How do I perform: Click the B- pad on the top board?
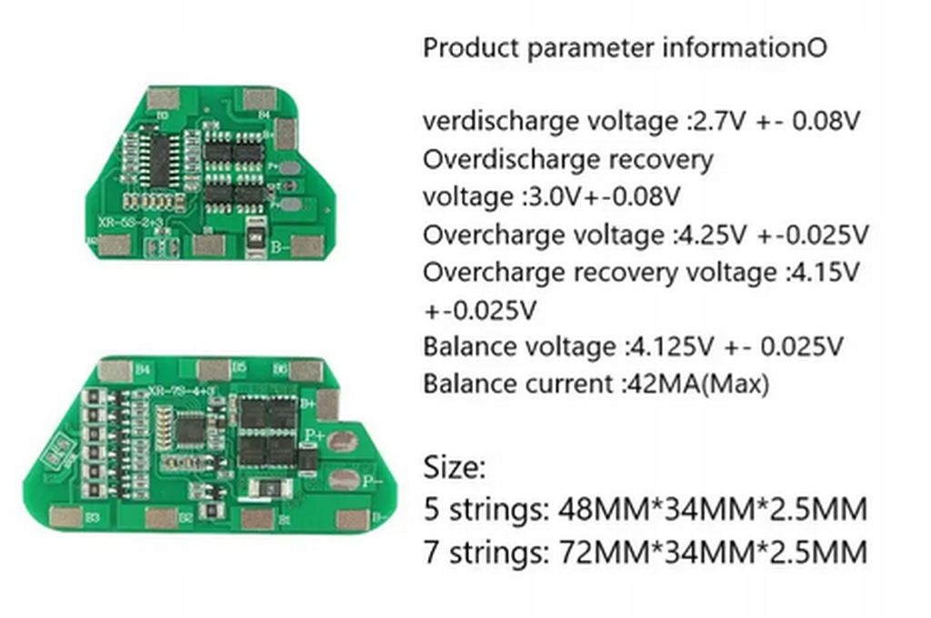tap(307, 245)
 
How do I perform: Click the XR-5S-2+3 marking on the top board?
tap(130, 222)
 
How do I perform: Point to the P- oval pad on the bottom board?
tap(343, 480)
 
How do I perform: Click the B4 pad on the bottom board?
tap(115, 370)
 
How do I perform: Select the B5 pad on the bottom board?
tap(213, 369)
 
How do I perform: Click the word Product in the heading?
tap(471, 48)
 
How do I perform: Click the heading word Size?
tap(455, 469)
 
